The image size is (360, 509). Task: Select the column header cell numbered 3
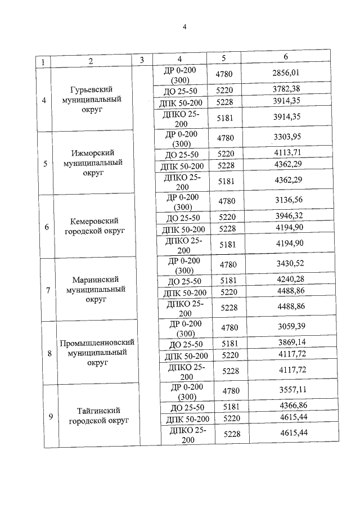click(142, 60)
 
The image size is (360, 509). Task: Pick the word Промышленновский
click(98, 343)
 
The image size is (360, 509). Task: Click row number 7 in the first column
click(48, 291)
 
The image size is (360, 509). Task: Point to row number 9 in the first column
click(51, 416)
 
